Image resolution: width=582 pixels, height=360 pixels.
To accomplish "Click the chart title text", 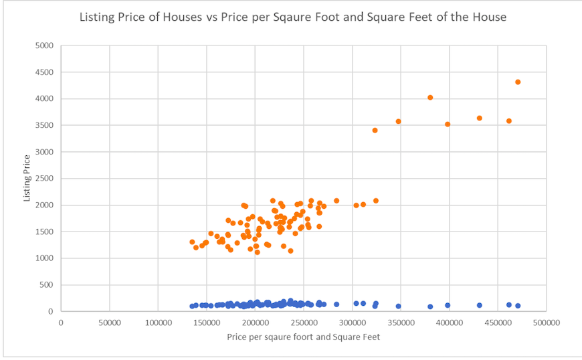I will pos(293,17).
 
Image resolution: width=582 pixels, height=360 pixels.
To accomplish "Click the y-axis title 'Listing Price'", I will pos(27,178).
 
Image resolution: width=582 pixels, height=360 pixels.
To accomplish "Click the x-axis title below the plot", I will pos(304,337).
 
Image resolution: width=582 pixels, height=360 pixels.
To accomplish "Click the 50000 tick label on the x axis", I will pos(109,323).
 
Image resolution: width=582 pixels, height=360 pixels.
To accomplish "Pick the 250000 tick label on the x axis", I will pos(304,323).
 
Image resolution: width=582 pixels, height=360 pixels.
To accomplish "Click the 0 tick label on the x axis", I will pos(61,323).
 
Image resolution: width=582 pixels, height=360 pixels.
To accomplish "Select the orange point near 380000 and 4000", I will pos(430,98).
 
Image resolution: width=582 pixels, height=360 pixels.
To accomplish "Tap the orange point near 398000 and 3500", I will pos(448,124).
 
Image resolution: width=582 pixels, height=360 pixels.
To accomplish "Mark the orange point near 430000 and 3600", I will pos(480,118).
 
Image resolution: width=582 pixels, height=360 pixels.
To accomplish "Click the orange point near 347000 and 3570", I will pos(398,121).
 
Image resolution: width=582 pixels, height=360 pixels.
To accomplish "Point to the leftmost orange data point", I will pos(192,242).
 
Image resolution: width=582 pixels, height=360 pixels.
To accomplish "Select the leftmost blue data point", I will pos(192,306).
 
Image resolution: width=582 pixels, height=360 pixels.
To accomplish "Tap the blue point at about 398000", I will pos(448,305).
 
